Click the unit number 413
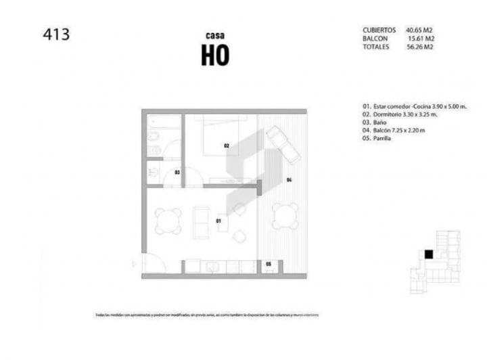click(55, 34)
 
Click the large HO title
click(215, 56)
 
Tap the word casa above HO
click(215, 35)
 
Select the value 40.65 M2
click(419, 30)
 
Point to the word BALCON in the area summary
click(375, 39)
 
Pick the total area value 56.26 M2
click(419, 47)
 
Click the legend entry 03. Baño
click(374, 122)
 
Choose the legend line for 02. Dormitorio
click(399, 114)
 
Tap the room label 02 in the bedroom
click(227, 145)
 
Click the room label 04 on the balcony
click(288, 179)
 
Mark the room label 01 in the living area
click(218, 221)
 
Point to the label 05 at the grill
click(269, 263)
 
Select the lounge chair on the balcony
click(283, 145)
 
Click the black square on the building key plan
click(428, 254)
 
